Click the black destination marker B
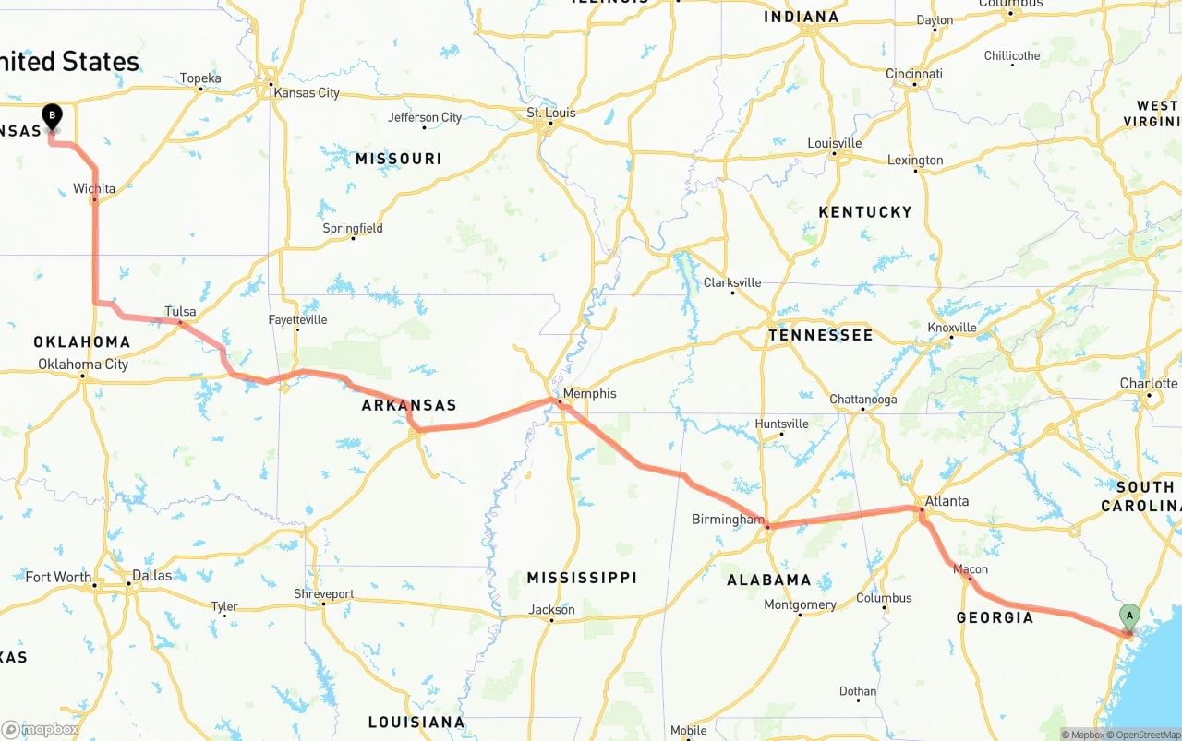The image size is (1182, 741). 53,116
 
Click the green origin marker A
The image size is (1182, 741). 1128,616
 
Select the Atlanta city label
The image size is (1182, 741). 947,501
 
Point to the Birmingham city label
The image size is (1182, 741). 728,520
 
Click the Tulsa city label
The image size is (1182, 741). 180,311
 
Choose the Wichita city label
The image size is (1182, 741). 94,188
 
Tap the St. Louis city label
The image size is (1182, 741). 551,113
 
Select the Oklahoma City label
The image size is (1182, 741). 83,365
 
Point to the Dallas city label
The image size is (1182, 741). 151,575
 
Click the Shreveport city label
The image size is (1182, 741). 323,593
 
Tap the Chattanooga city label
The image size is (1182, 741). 862,400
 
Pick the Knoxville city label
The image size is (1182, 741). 951,328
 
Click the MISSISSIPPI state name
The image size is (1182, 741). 582,578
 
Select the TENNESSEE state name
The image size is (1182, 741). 820,335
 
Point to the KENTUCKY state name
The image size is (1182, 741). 864,212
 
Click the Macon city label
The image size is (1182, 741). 970,569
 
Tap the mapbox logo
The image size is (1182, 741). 41,729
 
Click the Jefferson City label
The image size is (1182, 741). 425,117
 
